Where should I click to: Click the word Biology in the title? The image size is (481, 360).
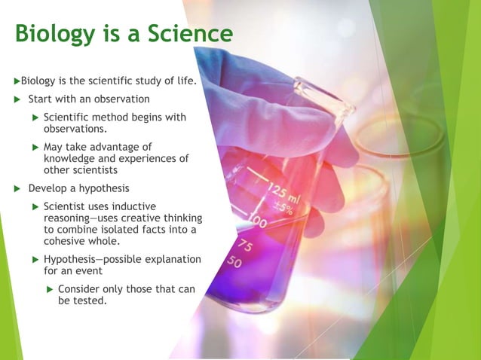pos(57,35)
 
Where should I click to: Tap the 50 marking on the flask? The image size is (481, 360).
pos(235,261)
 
